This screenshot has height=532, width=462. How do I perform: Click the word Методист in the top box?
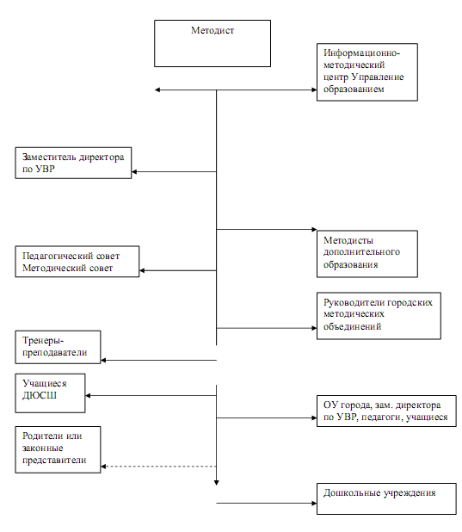213,30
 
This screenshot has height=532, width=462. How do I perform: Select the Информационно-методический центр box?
367,72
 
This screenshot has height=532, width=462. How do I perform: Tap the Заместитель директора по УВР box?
73,163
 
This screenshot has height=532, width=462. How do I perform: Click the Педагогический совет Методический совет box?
77,261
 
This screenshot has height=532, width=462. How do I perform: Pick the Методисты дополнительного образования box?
367,254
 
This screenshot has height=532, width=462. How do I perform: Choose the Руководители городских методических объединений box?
379,316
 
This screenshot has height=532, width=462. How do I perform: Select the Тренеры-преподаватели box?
58,347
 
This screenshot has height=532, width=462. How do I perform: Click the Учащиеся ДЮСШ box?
50,393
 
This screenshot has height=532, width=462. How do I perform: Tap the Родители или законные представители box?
58,449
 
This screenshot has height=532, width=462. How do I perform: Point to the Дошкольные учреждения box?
386,498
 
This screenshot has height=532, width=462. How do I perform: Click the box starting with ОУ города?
386,411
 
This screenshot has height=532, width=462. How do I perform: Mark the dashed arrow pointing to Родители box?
159,467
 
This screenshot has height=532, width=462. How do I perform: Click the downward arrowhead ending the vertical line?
217,482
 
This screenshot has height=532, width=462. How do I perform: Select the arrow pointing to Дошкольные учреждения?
267,503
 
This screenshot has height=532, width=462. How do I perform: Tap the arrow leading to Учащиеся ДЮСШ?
151,396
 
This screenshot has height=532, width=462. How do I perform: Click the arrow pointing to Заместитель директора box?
174,171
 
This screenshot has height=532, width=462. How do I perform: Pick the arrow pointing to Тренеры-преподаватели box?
159,360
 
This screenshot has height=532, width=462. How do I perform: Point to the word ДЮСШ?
40,396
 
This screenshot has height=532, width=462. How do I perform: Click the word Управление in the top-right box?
378,77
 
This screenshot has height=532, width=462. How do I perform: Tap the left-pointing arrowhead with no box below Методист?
157,90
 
